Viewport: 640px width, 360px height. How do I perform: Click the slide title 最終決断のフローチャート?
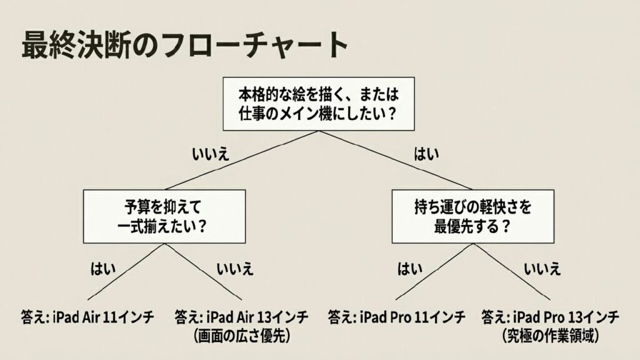pyautogui.click(x=184, y=45)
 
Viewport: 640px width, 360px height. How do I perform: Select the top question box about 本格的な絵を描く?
pyautogui.click(x=319, y=104)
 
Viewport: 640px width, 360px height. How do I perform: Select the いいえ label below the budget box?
pyautogui.click(x=234, y=269)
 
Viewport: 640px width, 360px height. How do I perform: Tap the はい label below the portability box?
pyautogui.click(x=410, y=269)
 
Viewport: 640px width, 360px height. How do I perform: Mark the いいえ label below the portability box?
pyautogui.click(x=542, y=269)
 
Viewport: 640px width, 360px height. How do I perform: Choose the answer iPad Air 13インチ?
pyautogui.click(x=241, y=317)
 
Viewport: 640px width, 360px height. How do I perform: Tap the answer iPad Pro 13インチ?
pyautogui.click(x=550, y=317)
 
